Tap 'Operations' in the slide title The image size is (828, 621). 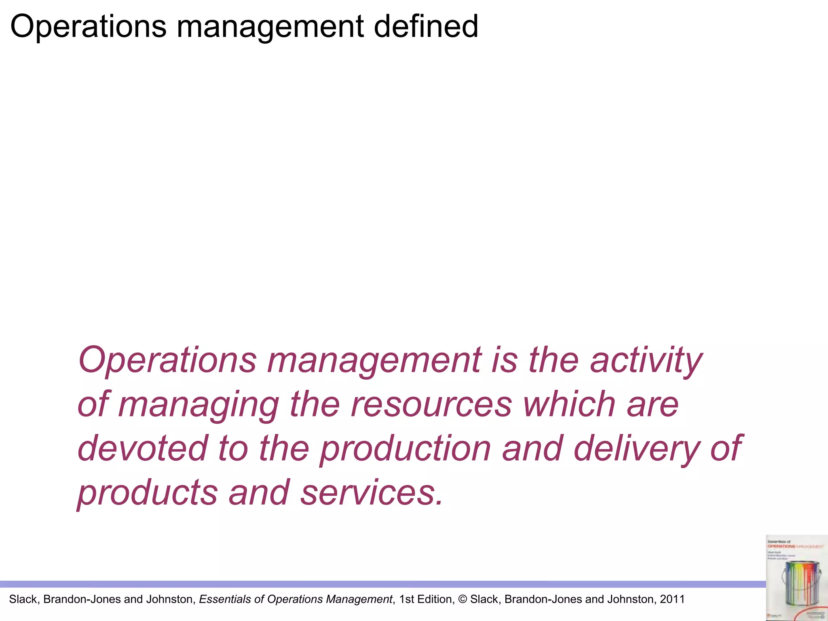click(x=88, y=26)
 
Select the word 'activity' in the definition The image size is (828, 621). click(x=646, y=361)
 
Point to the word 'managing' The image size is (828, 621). click(x=199, y=405)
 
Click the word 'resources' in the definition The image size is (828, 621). click(x=431, y=405)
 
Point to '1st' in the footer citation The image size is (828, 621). click(x=408, y=599)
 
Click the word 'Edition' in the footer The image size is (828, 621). click(x=437, y=599)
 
